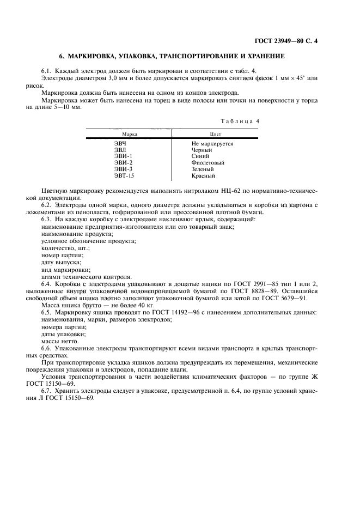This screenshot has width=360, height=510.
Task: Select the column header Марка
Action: tap(129, 133)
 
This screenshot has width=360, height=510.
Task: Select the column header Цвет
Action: tap(215, 133)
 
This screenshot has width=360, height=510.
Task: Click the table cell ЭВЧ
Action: tap(120, 144)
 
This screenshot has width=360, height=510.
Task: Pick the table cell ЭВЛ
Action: tap(120, 150)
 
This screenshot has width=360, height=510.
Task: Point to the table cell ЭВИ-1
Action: tap(123, 156)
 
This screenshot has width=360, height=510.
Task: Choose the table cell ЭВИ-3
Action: tap(123, 169)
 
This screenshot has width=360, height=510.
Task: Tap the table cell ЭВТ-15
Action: tap(124, 176)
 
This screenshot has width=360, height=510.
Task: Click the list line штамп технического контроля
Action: tap(86, 276)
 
